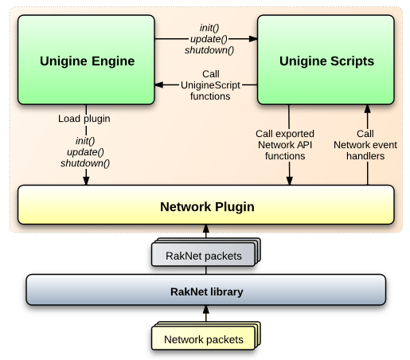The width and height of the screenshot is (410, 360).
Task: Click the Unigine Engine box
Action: click(x=86, y=60)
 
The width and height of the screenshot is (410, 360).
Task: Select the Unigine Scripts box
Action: click(x=326, y=60)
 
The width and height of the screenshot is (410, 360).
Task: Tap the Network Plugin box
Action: click(x=206, y=205)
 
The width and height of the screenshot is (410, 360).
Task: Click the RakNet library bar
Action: click(x=206, y=290)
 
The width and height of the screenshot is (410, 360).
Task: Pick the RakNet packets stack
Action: click(x=206, y=252)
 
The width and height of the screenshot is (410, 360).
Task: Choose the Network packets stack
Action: click(x=206, y=336)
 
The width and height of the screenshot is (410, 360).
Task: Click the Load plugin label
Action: click(x=84, y=119)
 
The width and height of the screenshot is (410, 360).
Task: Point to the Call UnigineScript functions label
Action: click(x=210, y=85)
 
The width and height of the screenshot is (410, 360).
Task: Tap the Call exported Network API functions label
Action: click(x=285, y=145)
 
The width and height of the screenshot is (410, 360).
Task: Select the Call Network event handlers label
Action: click(x=365, y=145)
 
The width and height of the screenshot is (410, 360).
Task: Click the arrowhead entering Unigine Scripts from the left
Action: click(x=253, y=39)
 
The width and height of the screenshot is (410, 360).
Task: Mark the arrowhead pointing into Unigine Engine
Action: click(x=159, y=85)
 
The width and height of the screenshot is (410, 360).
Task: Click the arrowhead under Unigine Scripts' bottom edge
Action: click(x=368, y=109)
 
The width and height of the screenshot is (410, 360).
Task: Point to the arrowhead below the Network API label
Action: click(x=290, y=181)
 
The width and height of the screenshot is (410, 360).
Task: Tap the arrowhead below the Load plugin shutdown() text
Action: click(x=86, y=181)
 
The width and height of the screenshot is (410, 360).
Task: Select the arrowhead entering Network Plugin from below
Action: click(x=206, y=229)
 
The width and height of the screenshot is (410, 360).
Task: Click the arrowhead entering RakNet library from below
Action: click(x=206, y=310)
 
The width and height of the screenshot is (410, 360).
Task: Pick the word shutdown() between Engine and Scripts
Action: click(x=209, y=50)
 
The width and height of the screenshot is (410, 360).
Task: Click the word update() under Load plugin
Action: click(x=85, y=152)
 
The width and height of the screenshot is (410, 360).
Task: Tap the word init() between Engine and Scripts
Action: click(x=209, y=28)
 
